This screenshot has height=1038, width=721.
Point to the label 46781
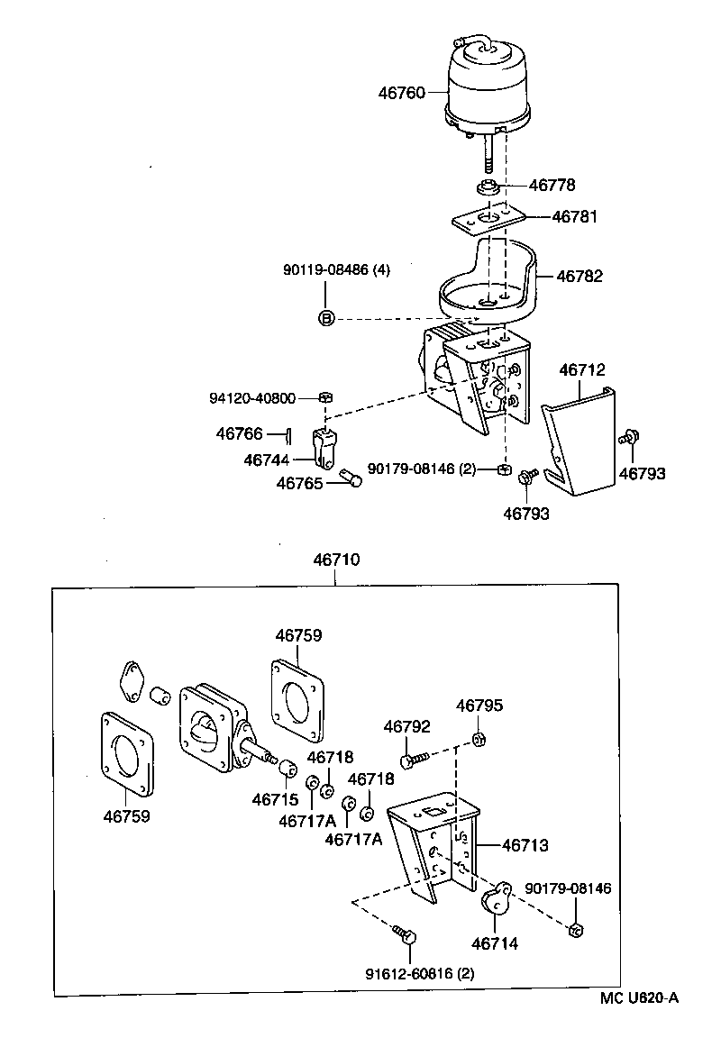574,217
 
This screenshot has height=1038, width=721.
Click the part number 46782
580,277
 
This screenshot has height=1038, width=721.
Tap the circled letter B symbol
326,317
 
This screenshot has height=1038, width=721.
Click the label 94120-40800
260,397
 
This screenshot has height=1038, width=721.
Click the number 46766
239,433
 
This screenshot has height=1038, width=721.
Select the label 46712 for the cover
581,369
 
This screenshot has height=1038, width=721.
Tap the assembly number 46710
336,560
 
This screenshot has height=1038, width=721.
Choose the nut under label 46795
479,740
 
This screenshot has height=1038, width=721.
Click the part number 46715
275,799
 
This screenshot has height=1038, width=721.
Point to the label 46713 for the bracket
525,846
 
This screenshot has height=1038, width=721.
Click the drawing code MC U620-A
639,997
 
